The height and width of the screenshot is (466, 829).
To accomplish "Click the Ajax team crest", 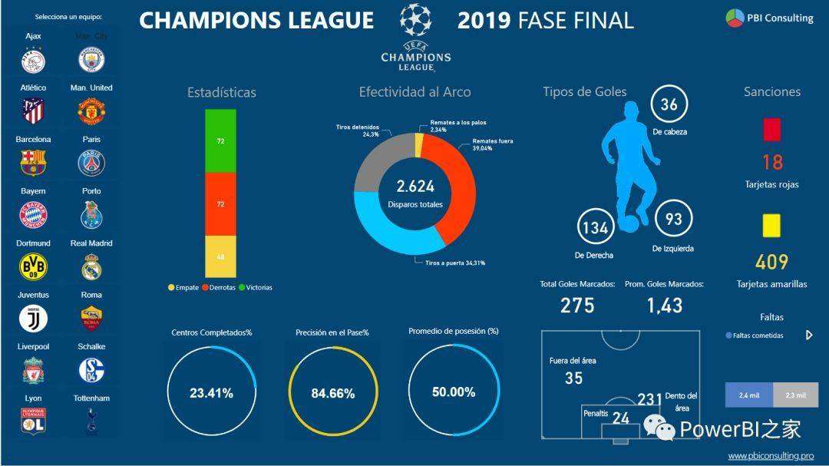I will click(x=33, y=60).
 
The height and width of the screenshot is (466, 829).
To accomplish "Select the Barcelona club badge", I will click(x=33, y=163).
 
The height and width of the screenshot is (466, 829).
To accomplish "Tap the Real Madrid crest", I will click(x=91, y=266).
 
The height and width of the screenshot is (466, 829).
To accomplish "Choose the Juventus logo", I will click(x=33, y=318).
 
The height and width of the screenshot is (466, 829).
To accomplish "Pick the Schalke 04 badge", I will click(x=91, y=370).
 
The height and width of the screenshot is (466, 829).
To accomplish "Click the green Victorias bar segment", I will click(x=220, y=141).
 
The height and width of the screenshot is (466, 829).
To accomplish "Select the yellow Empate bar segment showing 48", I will click(x=220, y=256).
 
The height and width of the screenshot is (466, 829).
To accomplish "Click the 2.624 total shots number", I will click(x=415, y=186).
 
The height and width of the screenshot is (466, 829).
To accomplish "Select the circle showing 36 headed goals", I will click(x=669, y=104).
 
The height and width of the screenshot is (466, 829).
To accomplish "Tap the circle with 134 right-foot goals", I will click(x=596, y=228).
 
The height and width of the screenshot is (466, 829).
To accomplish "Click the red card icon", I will click(x=771, y=129).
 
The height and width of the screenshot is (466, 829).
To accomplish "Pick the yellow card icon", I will click(x=771, y=225).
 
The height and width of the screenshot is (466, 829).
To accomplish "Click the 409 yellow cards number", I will click(x=771, y=263).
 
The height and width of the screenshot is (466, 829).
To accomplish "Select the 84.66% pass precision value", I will click(x=333, y=393).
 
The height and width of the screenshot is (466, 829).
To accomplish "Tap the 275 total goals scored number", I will click(x=577, y=306).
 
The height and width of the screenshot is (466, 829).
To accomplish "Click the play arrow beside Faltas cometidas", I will click(x=808, y=335).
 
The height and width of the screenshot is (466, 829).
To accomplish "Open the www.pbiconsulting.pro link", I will click(x=771, y=455).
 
